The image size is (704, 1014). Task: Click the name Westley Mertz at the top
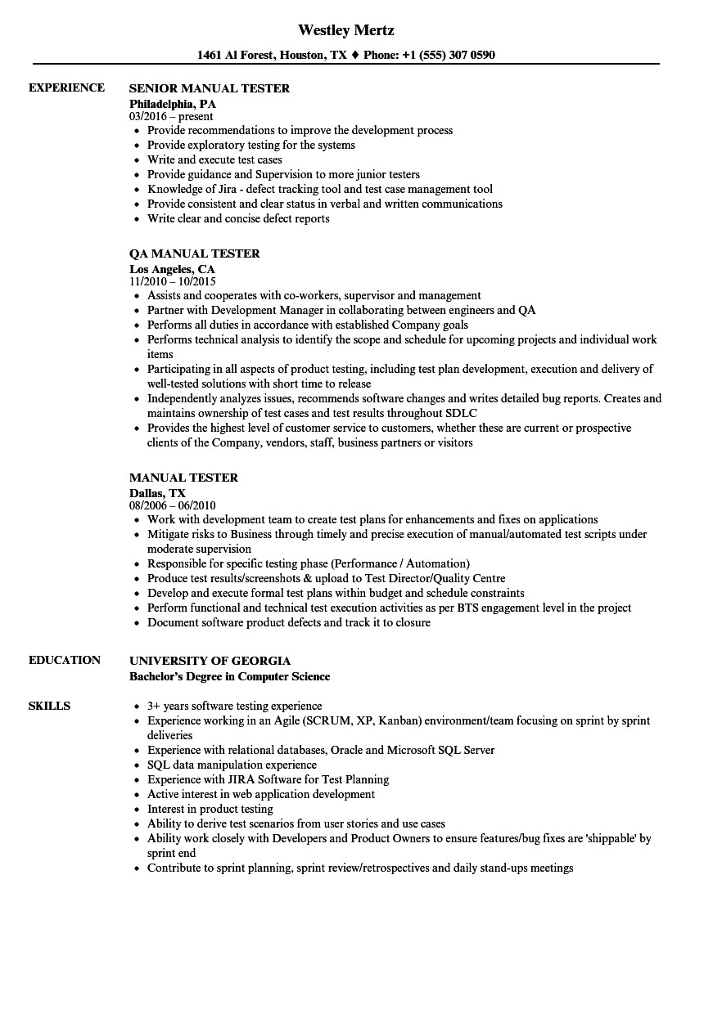(346, 30)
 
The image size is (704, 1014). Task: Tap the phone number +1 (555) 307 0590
(449, 56)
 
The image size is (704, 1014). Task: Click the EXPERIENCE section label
(66, 87)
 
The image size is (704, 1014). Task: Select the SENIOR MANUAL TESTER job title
(210, 88)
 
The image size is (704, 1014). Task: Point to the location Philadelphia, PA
(173, 104)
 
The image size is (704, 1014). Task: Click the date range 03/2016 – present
(171, 117)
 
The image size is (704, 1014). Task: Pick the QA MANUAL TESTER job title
(195, 253)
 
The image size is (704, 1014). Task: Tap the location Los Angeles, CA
(172, 269)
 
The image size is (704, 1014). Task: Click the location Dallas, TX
(157, 493)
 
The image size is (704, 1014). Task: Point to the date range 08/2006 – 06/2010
(173, 506)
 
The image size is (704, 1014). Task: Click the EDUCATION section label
(65, 660)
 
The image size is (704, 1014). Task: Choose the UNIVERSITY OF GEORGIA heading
(210, 661)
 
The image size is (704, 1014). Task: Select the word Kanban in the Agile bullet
(398, 720)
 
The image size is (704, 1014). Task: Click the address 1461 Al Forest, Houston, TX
(273, 56)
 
